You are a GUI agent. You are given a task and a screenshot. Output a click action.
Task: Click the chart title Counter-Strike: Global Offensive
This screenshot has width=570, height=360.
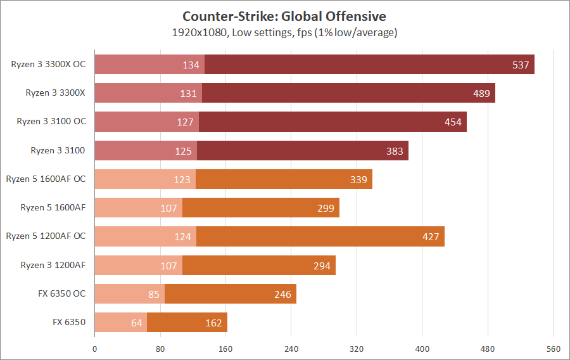tap(284, 16)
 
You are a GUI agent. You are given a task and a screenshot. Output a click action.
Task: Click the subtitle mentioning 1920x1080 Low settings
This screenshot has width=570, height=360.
tap(284, 32)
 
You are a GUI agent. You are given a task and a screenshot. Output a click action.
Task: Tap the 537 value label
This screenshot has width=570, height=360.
tap(521, 65)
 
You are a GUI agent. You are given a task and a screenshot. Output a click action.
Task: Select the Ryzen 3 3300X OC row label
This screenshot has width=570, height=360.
tap(48, 65)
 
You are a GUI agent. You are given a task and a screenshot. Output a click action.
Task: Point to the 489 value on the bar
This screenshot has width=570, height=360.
tap(481, 93)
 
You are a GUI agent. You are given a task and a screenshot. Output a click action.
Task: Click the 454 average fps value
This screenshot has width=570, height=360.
tap(453, 122)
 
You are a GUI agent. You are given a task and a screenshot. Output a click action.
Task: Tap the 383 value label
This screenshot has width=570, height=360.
tap(395, 150)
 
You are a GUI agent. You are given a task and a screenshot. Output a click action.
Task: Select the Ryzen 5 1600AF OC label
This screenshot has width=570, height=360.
tap(46, 179)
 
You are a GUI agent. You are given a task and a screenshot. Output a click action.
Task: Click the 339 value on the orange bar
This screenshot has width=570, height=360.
tap(358, 179)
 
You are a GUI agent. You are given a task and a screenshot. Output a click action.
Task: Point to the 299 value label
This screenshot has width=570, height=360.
tap(326, 208)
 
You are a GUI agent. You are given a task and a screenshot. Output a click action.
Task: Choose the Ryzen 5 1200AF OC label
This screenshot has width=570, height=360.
tap(46, 236)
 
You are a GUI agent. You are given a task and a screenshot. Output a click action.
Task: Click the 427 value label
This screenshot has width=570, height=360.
tap(431, 236)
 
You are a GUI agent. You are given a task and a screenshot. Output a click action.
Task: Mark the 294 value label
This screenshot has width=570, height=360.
tap(322, 266)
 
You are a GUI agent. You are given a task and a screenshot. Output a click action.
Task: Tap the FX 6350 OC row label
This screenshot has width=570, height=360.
tap(61, 293)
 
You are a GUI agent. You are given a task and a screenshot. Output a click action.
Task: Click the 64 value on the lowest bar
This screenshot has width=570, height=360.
tap(137, 323)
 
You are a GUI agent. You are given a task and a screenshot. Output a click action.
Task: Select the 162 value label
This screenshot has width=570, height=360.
tap(213, 323)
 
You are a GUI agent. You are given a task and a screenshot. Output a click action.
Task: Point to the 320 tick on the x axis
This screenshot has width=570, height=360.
tap(357, 349)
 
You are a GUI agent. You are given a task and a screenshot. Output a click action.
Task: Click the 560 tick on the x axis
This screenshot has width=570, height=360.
tap(553, 349)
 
